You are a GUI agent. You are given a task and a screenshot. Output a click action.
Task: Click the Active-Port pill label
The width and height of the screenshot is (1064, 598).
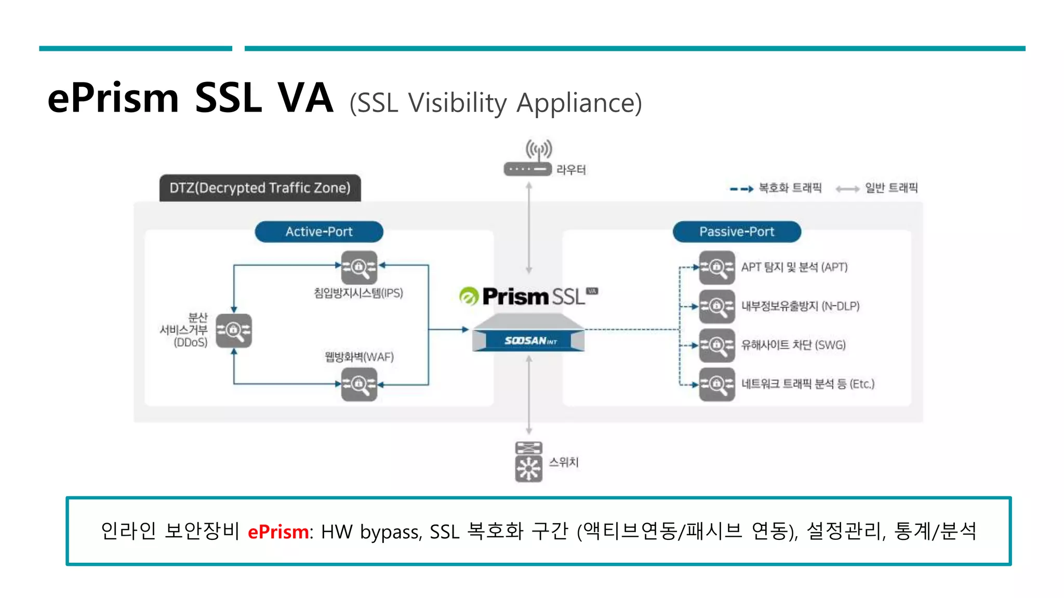pos(318,232)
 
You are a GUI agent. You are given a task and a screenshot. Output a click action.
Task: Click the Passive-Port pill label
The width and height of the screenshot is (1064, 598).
pos(736,232)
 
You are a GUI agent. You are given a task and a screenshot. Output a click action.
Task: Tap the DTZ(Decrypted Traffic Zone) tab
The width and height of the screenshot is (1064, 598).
pos(260,188)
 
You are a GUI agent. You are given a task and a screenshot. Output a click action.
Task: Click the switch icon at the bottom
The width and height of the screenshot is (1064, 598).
pos(528,461)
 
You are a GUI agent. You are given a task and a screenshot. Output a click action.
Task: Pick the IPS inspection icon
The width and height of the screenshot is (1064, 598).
pos(358,267)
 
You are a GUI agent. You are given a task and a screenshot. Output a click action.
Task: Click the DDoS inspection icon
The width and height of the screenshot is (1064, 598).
pos(234,330)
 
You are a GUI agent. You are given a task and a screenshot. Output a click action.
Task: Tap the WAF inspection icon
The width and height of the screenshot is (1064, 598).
pos(358,384)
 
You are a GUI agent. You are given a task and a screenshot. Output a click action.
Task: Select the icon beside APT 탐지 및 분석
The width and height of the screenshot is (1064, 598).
pos(716,267)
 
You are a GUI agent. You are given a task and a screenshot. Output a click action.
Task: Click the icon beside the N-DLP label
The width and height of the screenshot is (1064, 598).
pos(716,306)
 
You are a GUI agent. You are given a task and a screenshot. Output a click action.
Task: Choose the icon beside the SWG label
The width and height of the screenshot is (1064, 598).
pos(716,345)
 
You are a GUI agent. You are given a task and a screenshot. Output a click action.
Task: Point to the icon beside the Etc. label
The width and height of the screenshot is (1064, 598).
pos(716,384)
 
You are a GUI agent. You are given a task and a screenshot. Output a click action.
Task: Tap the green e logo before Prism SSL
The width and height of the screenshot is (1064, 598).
pos(469,296)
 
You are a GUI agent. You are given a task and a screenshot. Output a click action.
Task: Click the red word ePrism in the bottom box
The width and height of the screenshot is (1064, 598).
pos(278,532)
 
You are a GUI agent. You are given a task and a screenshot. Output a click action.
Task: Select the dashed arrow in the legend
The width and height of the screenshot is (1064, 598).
pos(741,189)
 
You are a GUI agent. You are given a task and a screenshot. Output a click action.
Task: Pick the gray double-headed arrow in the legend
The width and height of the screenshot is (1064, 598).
pos(847,189)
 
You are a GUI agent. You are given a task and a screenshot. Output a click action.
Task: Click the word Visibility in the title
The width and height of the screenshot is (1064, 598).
pos(457,103)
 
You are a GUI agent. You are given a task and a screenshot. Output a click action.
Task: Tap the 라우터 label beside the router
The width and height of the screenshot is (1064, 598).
pos(570,170)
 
